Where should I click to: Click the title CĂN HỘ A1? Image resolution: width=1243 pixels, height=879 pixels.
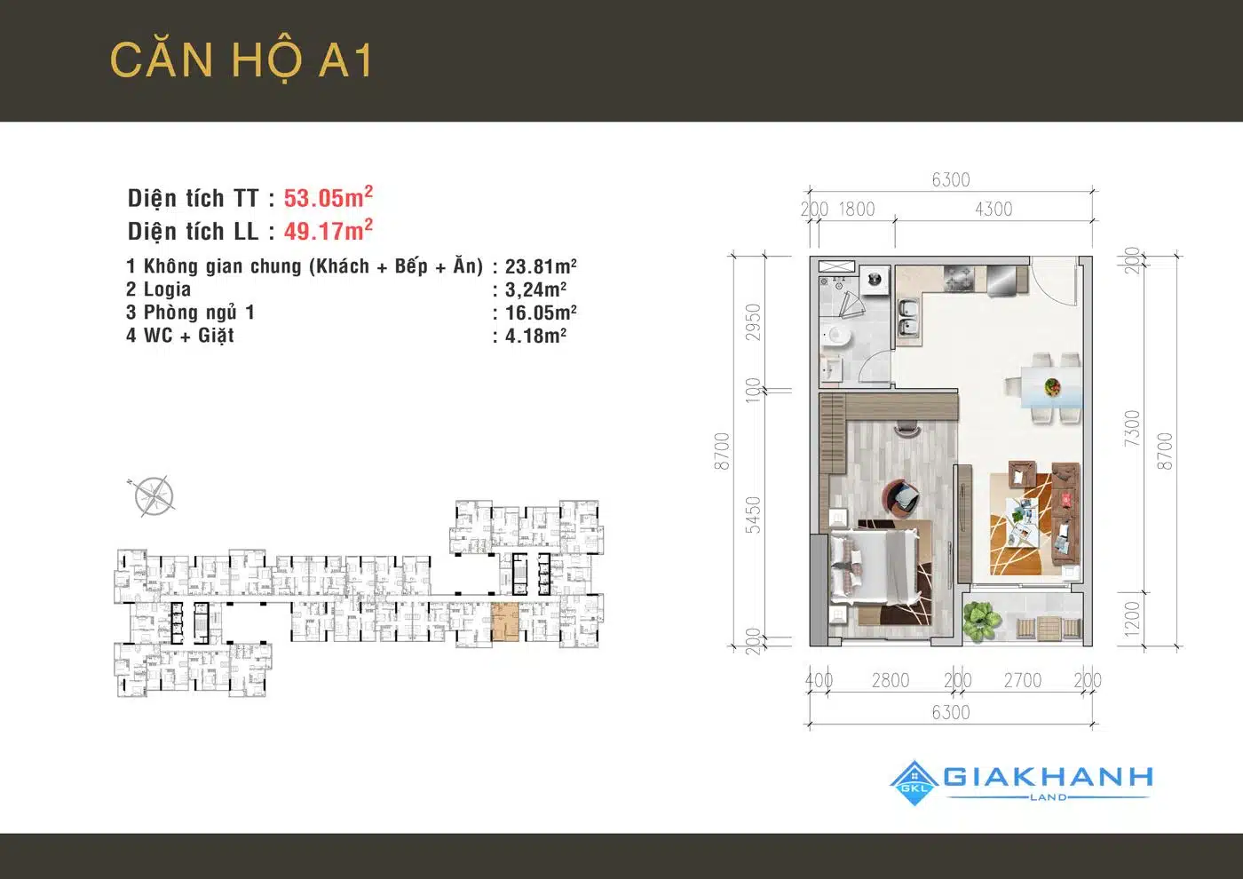(x=241, y=60)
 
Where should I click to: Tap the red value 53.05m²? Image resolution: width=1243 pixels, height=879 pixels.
(x=328, y=197)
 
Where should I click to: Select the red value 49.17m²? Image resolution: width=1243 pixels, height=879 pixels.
(x=328, y=230)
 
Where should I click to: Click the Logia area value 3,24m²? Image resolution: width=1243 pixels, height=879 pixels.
(x=535, y=289)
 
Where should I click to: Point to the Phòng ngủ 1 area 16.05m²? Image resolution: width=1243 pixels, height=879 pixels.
(x=541, y=313)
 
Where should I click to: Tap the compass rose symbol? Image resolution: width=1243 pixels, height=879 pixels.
(x=154, y=496)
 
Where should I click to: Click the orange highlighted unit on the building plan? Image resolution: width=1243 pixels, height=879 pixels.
(x=505, y=622)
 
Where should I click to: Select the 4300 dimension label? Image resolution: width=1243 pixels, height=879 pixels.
(x=994, y=210)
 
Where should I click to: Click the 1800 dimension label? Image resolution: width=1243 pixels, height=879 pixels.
(x=856, y=210)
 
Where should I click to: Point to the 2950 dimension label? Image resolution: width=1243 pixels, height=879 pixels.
(x=753, y=322)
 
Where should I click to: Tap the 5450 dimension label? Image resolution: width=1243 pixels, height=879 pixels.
(x=753, y=515)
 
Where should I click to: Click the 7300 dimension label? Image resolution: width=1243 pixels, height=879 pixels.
(x=1131, y=428)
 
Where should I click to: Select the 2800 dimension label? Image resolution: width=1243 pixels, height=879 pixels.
(x=890, y=680)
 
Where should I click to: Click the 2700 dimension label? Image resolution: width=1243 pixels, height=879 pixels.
(x=1022, y=680)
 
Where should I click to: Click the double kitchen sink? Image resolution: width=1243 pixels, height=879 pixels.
(x=908, y=318)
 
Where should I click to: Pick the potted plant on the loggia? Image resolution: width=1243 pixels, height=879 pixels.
(x=982, y=620)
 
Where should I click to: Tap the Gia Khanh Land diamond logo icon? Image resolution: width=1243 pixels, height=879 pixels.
(x=915, y=783)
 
